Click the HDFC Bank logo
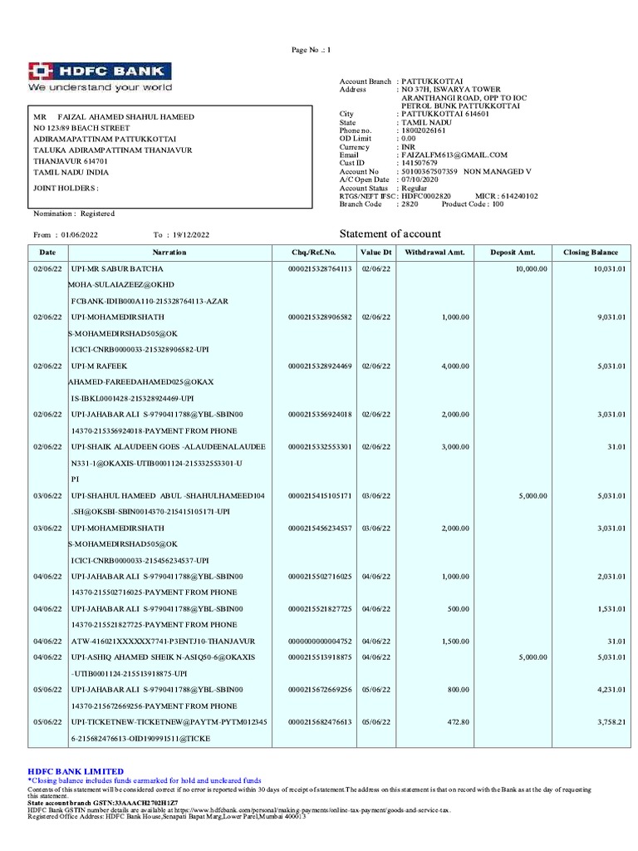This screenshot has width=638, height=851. point(100,71)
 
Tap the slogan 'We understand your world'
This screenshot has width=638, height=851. point(100,87)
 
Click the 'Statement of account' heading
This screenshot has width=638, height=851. point(390,234)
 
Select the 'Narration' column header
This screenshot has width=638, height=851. point(169,252)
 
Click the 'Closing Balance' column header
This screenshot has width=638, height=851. point(591,252)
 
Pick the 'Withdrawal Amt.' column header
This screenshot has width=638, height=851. point(430,252)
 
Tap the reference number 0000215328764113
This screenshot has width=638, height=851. point(320,270)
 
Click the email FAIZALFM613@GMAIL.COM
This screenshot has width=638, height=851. point(454,155)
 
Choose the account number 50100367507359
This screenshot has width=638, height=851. point(429,171)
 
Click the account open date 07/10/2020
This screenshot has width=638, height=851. point(419,180)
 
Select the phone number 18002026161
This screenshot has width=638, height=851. point(422,130)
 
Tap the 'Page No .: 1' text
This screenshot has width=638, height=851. point(311,51)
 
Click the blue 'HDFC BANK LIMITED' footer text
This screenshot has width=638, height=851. point(76,771)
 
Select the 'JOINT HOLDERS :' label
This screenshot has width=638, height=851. point(66,188)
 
